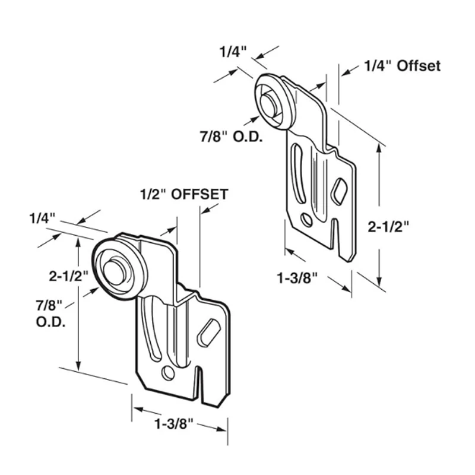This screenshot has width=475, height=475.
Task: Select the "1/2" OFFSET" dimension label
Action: click(184, 194)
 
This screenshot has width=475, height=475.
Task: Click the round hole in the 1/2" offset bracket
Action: click(169, 373)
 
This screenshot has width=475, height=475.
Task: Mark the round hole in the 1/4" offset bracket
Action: click(306, 220)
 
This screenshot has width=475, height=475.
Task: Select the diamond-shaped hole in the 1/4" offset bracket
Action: click(339, 192)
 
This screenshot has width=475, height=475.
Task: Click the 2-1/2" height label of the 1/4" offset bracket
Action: click(389, 226)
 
